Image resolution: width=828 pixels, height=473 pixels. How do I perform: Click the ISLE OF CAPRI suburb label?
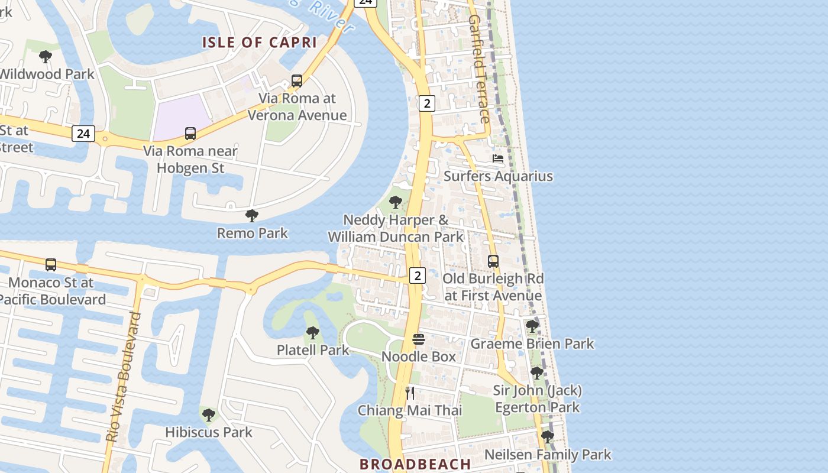pos(260,43)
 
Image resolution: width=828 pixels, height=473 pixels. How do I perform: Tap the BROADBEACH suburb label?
pos(415,464)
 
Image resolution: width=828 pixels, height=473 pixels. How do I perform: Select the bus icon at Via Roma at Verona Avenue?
pos(297,81)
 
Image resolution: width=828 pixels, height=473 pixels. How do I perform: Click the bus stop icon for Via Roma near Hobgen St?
pos(190,134)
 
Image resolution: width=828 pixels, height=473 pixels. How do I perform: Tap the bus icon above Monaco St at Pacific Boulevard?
pos(51,265)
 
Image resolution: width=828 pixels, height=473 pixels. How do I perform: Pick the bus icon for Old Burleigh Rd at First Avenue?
pos(493,261)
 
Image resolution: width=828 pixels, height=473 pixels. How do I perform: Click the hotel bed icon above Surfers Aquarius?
pos(498,158)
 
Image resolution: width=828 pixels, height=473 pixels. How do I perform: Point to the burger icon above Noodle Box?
pos(419,339)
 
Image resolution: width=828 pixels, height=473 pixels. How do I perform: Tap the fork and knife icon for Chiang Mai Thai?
pos(409,393)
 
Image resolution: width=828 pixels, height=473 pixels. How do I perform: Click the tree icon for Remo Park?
pos(252,216)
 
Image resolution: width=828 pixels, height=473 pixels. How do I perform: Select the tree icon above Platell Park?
pos(313,333)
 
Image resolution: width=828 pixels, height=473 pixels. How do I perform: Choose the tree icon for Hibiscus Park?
pos(208,415)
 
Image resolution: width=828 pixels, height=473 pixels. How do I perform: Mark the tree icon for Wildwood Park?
pos(45,57)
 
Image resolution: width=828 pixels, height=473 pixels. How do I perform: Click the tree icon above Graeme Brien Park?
pos(532,326)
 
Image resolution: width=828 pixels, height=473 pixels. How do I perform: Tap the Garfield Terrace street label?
pos(479,69)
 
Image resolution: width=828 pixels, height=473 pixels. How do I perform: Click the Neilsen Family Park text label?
pos(548,455)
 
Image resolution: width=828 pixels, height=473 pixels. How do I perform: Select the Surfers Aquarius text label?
pos(498,176)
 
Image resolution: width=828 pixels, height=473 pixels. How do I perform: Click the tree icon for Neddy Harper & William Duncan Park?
pos(395,203)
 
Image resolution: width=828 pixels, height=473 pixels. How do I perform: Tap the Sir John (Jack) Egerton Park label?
pos(537,399)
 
